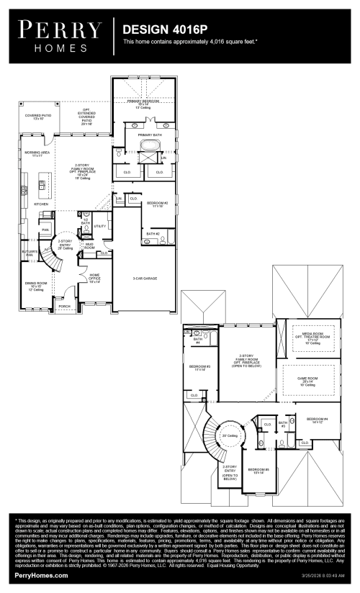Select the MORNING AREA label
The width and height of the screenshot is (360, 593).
[x=36, y=153]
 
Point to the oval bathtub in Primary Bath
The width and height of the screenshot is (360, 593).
[x=150, y=147]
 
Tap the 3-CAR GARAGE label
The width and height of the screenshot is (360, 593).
[x=145, y=278]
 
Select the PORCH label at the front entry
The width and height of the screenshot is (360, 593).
[x=65, y=306]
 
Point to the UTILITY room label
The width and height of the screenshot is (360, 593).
[x=100, y=226]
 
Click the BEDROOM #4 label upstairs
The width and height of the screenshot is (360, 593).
[x=316, y=420]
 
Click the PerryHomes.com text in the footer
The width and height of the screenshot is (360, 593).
[x=42, y=576]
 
